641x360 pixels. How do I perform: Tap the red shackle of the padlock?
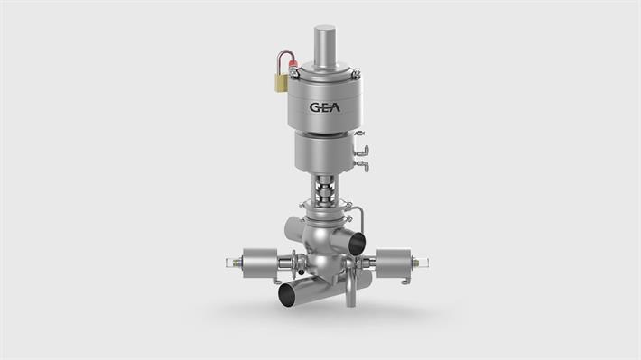pyautogui.click(x=287, y=61)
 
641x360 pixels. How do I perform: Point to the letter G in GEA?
pyautogui.click(x=312, y=106)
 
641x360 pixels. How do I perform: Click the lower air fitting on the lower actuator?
pyautogui.click(x=361, y=165)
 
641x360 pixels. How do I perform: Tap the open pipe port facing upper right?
pyautogui.click(x=357, y=241)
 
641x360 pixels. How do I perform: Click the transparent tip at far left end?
pyautogui.click(x=227, y=263)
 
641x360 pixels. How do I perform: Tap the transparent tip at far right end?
pyautogui.click(x=423, y=263)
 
